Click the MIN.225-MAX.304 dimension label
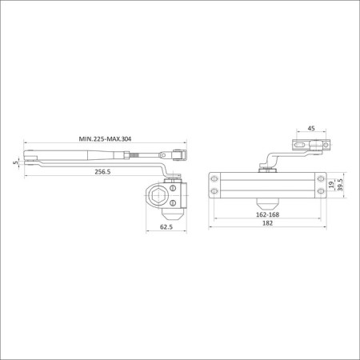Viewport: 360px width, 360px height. [x=105, y=139]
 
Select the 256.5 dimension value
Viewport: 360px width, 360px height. [x=102, y=172]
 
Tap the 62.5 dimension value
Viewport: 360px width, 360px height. [x=166, y=227]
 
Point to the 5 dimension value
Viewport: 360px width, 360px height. [x=16, y=162]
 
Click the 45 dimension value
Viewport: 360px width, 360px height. [x=311, y=128]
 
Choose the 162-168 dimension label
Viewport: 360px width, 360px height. [x=267, y=214]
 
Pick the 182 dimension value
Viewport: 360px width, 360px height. [x=267, y=223]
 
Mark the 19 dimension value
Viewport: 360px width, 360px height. [x=331, y=185]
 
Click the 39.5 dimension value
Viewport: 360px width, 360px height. [x=340, y=185]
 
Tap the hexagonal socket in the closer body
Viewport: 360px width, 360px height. [x=157, y=196]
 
